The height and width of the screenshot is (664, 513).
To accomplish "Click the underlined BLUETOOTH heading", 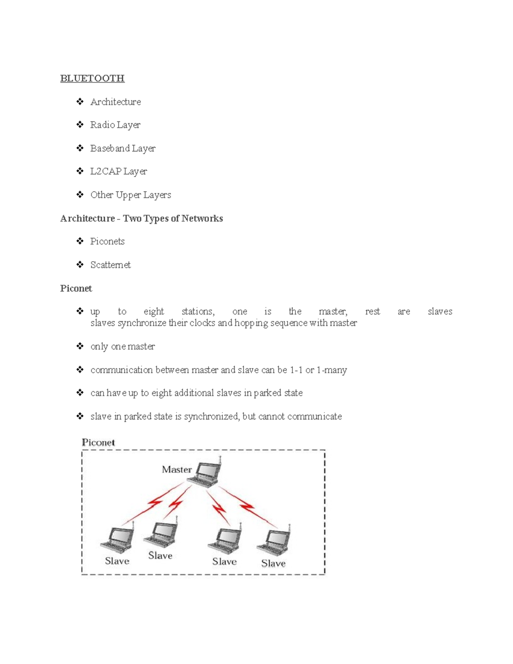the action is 92,78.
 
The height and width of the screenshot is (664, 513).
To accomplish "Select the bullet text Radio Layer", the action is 115,125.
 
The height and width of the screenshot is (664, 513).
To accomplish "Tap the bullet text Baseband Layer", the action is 123,148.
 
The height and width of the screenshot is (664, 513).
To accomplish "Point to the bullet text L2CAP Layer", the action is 118,171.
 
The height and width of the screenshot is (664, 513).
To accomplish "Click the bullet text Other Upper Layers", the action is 130,195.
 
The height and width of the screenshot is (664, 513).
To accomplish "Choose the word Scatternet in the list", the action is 110,265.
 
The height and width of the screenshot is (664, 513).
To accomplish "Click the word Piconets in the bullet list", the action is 107,242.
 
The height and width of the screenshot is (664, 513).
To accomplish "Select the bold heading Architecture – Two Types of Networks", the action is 142,218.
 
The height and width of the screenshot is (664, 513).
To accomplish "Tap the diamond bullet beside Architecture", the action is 80,102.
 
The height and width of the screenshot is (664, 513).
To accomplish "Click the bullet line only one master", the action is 123,346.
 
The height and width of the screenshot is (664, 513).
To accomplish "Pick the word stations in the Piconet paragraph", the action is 198,311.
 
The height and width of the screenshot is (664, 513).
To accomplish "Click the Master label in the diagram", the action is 177,469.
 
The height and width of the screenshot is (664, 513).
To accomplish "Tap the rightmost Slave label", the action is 273,564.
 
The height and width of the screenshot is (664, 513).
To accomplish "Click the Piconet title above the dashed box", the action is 98,443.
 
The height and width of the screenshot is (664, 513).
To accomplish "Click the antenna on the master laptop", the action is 220,460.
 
